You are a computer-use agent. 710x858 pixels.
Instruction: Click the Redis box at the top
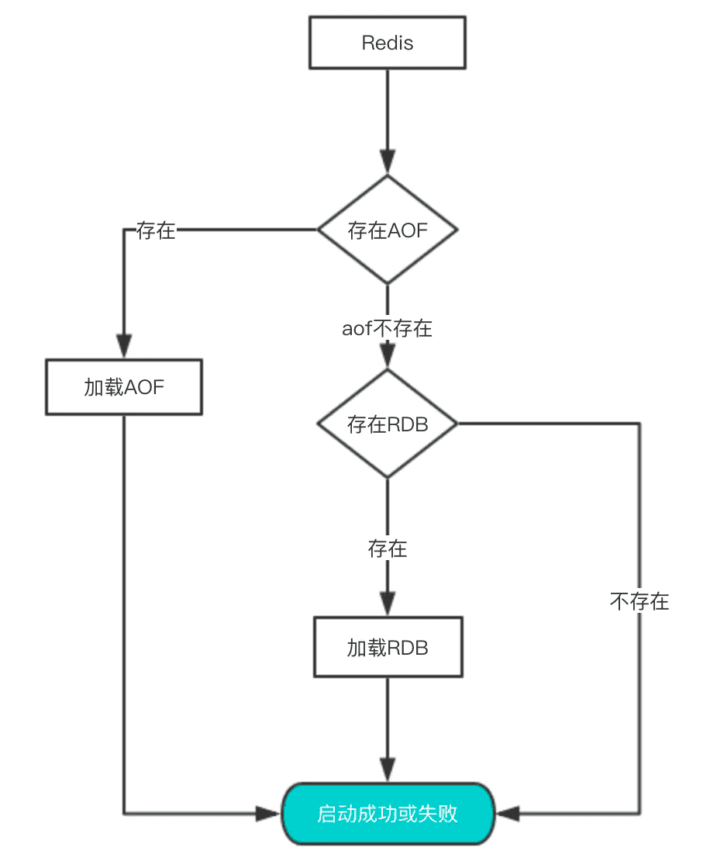click(387, 43)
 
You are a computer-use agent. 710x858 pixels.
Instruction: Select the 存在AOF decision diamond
click(387, 230)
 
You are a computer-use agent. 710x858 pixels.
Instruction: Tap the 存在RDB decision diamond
click(387, 424)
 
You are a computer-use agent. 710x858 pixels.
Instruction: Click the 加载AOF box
click(124, 386)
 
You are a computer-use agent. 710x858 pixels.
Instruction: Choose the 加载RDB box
click(387, 647)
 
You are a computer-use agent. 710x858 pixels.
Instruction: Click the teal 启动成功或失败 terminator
click(387, 814)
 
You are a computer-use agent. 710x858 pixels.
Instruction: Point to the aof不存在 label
click(387, 328)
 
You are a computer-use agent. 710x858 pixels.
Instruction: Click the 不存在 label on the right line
click(639, 601)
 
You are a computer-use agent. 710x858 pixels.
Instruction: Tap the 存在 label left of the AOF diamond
click(156, 230)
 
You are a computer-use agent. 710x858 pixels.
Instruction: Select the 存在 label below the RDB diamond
click(387, 549)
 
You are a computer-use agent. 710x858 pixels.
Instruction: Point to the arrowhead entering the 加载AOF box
click(124, 347)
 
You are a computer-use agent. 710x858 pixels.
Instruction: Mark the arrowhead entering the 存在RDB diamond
click(387, 358)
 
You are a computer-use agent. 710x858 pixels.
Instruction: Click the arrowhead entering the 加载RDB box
click(387, 605)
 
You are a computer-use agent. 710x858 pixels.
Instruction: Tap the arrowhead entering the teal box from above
click(387, 771)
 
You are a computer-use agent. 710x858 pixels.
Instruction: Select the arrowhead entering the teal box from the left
click(269, 814)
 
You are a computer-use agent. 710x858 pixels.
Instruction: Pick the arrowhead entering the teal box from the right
click(507, 814)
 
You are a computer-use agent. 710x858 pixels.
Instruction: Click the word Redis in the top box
click(387, 43)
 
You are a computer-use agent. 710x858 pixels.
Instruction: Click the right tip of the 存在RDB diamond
click(456, 424)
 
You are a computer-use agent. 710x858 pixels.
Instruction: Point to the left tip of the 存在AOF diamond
click(319, 230)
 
